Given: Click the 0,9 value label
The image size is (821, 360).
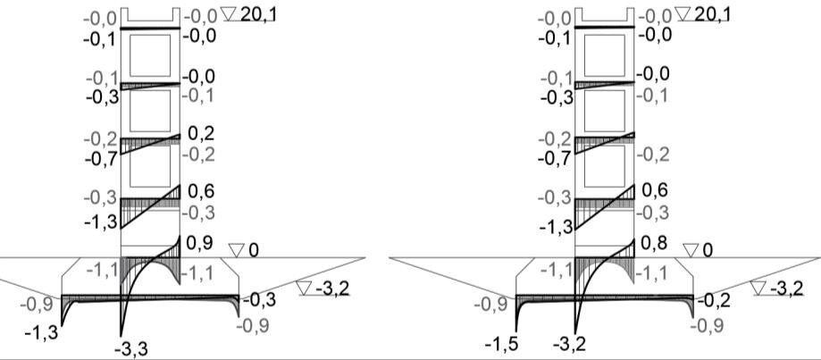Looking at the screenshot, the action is (200, 243).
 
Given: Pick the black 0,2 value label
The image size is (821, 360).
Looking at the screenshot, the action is (200, 133).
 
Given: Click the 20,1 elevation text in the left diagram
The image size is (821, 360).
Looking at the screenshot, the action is (259, 14).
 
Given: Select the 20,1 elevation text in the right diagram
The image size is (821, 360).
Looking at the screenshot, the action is (713, 14).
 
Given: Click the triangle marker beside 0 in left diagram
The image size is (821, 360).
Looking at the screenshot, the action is (237, 250).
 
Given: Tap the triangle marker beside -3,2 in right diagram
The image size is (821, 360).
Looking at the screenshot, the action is (758, 288).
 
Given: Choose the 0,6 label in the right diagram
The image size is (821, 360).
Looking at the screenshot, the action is (655, 191).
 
